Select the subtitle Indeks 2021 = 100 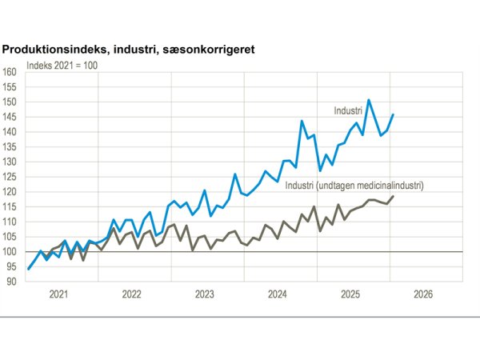tap(62, 64)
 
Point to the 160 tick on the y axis tap(10, 72)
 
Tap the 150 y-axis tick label tap(10, 102)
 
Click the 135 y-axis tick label tap(10, 147)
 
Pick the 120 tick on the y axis tap(10, 192)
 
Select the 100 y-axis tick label tap(10, 252)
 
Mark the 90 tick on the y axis tap(11, 282)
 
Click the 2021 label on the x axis tap(58, 294)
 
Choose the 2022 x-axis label tap(131, 294)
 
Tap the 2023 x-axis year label tap(204, 294)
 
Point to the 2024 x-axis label tap(277, 294)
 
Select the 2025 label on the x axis tap(350, 294)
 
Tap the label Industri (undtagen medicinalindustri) tap(354, 186)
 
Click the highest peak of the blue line tap(369, 100)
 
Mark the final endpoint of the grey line tap(393, 196)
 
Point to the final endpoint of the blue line tap(393, 114)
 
